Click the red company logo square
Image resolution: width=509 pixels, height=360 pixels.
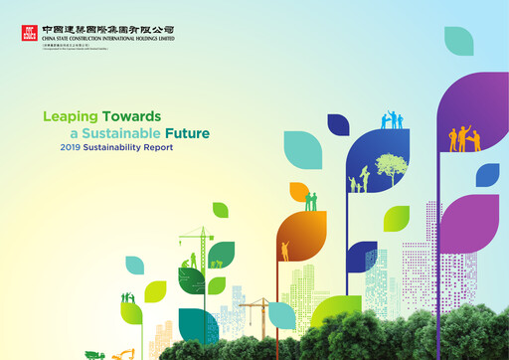28,35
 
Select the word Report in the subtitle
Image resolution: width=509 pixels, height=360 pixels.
155,147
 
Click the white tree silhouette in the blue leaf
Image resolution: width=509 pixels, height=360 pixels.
391,170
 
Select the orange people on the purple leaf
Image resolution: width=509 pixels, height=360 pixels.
463,138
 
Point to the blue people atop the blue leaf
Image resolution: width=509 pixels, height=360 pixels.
392,120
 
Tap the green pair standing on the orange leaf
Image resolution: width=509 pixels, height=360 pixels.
311,201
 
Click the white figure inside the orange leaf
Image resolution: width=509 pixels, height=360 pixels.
285,251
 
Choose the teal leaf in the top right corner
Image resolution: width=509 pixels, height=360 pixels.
458,41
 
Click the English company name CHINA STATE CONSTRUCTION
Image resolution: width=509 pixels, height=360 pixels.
107,40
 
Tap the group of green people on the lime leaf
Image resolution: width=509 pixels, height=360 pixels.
127,297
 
